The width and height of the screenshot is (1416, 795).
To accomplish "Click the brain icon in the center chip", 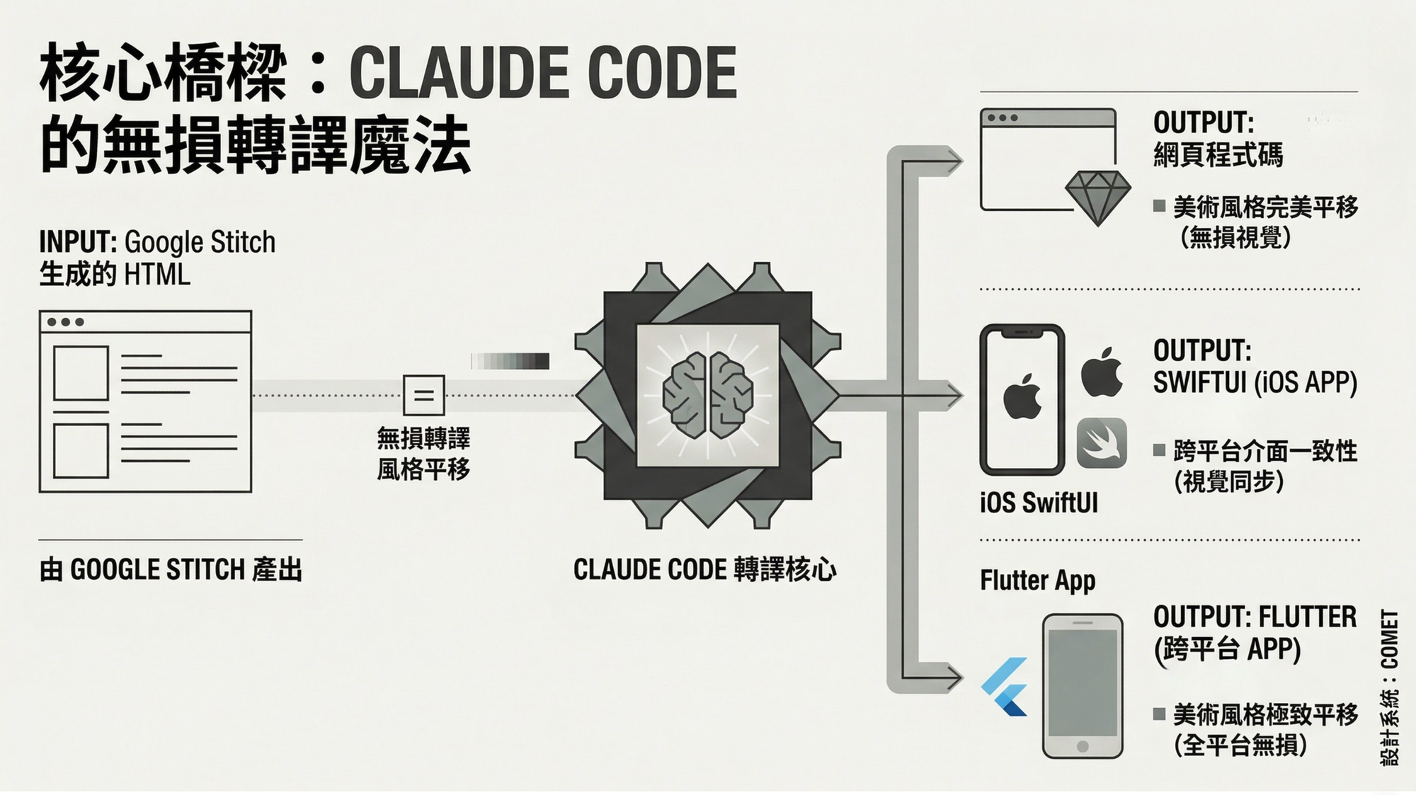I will pyautogui.click(x=707, y=395).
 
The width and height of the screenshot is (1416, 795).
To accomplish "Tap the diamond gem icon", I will pyautogui.click(x=1098, y=197).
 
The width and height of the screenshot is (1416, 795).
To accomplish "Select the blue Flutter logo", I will pyautogui.click(x=1005, y=686).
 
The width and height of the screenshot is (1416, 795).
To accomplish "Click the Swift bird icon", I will pyautogui.click(x=1102, y=442).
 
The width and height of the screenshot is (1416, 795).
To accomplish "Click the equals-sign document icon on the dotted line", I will pyautogui.click(x=423, y=395).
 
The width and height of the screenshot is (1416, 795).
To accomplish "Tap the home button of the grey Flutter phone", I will pyautogui.click(x=1082, y=746).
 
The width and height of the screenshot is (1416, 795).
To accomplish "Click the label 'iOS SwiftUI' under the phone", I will pyautogui.click(x=1039, y=503).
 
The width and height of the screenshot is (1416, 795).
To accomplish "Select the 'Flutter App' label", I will pyautogui.click(x=1037, y=580).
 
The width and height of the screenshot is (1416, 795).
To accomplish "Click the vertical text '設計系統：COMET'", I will pyautogui.click(x=1389, y=687).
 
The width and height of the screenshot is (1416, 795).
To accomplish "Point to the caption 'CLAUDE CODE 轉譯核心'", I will pyautogui.click(x=704, y=570).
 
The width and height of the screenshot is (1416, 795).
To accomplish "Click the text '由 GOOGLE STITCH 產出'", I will pyautogui.click(x=171, y=570).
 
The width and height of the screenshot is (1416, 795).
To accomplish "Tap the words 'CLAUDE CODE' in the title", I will pyautogui.click(x=543, y=73).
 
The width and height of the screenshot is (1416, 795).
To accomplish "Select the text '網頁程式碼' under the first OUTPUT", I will pyautogui.click(x=1218, y=155).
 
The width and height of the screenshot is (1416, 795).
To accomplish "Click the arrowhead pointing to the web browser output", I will pyautogui.click(x=953, y=161).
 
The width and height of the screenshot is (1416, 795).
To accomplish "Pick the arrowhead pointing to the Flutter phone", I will pyautogui.click(x=953, y=677).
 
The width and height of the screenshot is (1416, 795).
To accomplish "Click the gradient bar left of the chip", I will pyautogui.click(x=510, y=361).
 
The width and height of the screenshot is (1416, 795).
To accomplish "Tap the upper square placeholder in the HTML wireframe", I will pyautogui.click(x=81, y=373).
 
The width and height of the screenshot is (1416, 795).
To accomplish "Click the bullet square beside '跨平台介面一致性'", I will pyautogui.click(x=1159, y=450).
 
